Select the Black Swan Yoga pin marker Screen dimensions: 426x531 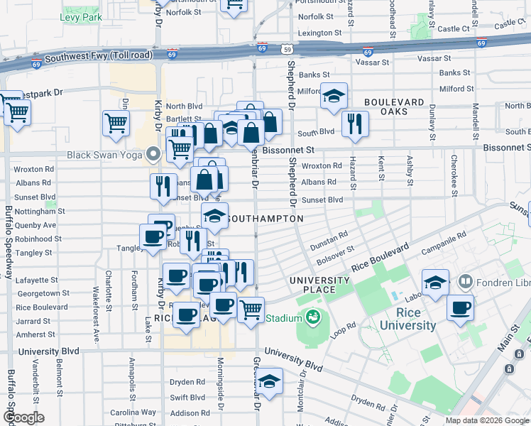(x=153, y=153)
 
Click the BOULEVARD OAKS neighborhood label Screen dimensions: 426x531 (x=395, y=106)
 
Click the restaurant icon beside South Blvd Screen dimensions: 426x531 (x=354, y=124)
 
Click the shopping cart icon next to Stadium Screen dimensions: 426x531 (x=251, y=310)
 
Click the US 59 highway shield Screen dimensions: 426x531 (x=285, y=50)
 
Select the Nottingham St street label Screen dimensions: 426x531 (x=39, y=212)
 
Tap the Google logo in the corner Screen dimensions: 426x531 (x=23, y=417)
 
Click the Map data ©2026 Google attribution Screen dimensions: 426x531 (x=487, y=420)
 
